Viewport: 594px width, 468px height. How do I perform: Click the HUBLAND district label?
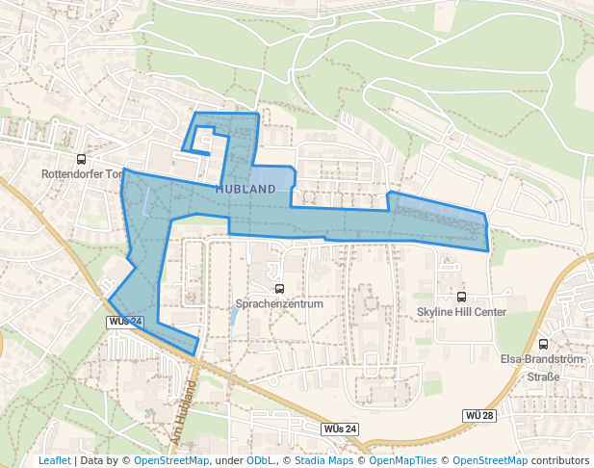(245, 189)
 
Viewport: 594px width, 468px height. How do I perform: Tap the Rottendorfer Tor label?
(82, 174)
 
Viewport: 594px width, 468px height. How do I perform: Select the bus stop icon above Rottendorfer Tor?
(81, 159)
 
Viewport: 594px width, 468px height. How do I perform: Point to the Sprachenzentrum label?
(279, 303)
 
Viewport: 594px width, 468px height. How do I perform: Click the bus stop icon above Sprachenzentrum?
(279, 288)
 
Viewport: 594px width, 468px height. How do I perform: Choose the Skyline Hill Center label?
(461, 312)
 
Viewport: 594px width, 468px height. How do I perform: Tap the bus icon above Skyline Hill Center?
(461, 297)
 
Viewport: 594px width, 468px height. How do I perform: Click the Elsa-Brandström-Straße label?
(543, 368)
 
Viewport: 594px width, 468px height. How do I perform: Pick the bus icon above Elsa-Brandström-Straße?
(543, 344)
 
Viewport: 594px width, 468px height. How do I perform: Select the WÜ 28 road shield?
(478, 415)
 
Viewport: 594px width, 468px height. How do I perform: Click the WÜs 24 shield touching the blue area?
(125, 321)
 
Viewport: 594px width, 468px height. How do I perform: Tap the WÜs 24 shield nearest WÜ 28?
(340, 428)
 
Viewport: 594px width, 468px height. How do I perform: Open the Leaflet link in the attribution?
(54, 460)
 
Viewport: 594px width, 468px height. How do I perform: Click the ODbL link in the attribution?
(259, 460)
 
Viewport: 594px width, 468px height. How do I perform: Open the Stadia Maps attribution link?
(323, 460)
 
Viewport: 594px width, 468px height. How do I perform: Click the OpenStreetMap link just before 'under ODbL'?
(171, 460)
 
